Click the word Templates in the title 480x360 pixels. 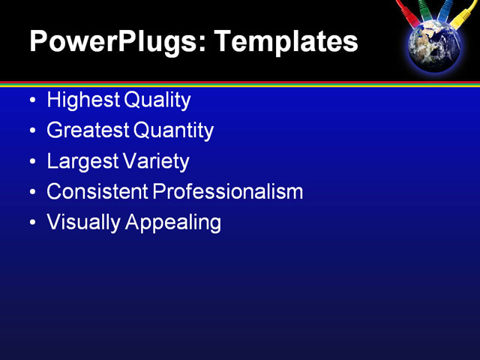tap(286, 42)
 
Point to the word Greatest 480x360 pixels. tap(88, 130)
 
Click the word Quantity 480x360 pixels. tap(174, 130)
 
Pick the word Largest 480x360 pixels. tap(82, 161)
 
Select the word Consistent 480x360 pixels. tap(97, 192)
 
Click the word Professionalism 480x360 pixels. tap(228, 192)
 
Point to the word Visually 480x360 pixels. tap(81, 223)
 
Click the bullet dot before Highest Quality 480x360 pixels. tap(31, 100)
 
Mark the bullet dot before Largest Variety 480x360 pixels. tap(31, 162)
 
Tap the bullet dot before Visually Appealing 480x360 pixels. tap(31, 223)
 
